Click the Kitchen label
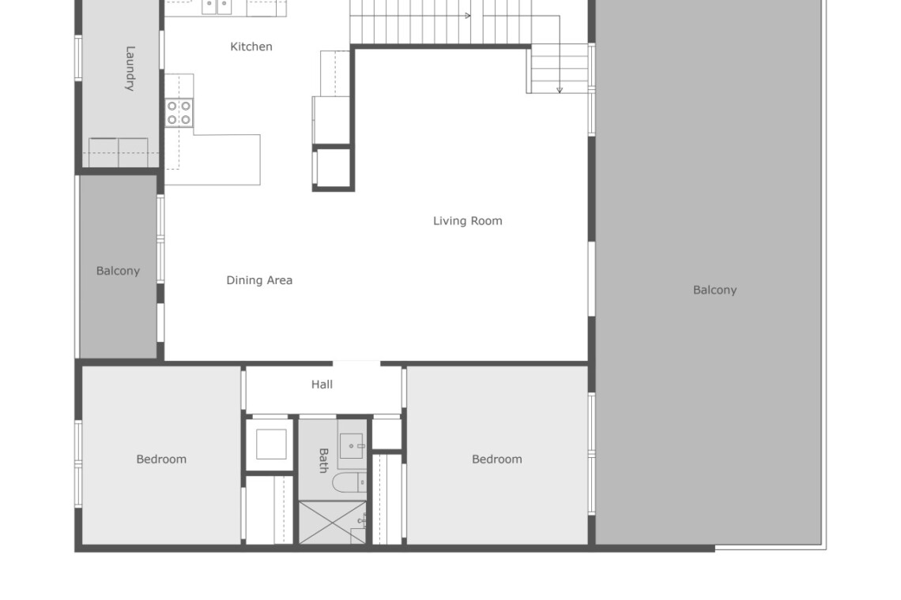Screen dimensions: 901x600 pos(251,47)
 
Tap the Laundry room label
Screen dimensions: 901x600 pos(130,69)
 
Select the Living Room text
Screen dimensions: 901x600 pos(468,221)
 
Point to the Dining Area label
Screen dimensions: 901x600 pos(259,280)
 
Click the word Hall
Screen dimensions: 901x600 pos(322,384)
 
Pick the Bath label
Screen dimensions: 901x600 pos(323,460)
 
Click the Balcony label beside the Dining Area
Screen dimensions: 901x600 pos(118,271)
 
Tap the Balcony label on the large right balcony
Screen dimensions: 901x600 pos(714,290)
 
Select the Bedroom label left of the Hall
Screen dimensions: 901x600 pos(161,459)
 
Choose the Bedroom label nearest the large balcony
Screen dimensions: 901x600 pos(497,459)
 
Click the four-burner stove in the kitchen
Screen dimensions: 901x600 pos(179,113)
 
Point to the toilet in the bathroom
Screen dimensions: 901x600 pos(349,482)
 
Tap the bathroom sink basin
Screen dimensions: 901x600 pos(351,446)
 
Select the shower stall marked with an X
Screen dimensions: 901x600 pos(333,523)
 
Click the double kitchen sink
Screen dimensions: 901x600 pos(217,6)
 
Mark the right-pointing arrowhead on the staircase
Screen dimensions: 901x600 pos(468,16)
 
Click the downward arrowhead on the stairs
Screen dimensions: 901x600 pos(559,90)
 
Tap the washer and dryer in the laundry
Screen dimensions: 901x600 pos(119,152)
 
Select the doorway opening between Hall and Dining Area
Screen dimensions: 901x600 pos(356,363)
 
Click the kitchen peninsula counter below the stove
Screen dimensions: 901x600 pos(227,159)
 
